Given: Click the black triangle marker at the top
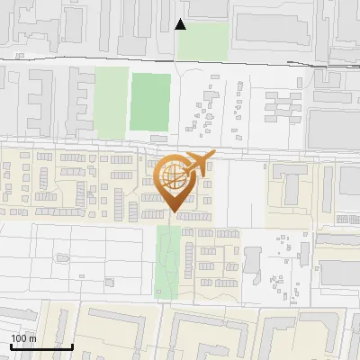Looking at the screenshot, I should click(181, 24).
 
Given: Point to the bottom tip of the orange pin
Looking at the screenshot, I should click(174, 212).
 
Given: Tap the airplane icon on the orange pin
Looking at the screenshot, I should click(197, 162).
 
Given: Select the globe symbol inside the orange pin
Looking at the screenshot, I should click(174, 178).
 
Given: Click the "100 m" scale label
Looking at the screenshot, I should click(23, 338).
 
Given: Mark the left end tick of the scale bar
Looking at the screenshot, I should click(11, 346).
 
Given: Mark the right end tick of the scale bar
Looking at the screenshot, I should click(73, 346).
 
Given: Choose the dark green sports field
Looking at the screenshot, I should click(150, 102).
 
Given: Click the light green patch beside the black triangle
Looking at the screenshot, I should click(203, 41).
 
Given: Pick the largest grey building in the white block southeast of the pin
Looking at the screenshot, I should click(251, 262).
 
